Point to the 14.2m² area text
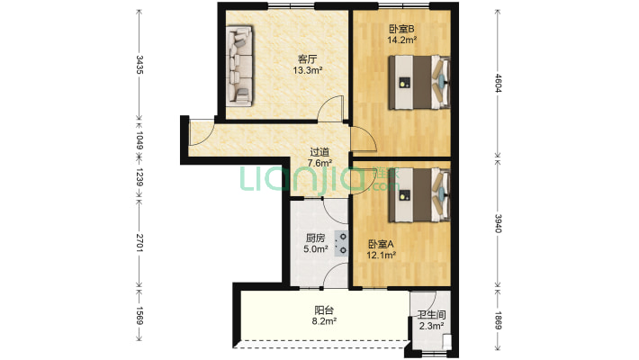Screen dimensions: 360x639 [400, 40]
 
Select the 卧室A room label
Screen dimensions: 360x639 [380, 244]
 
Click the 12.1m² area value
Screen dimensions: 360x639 [380, 255]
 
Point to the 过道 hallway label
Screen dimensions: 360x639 [319, 152]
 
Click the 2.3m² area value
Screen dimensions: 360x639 [429, 327]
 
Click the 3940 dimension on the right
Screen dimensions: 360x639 [498, 221]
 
